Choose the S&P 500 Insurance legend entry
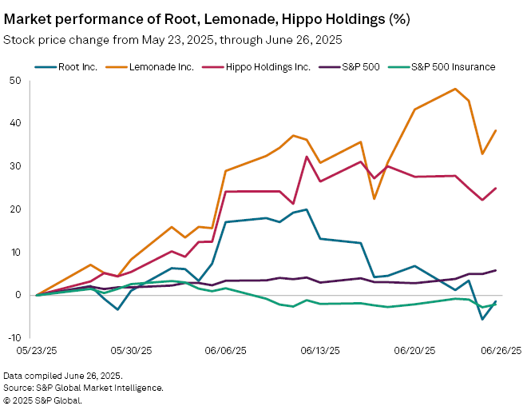tap(452, 67)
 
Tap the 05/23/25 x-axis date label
tap(38, 350)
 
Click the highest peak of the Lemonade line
tap(455, 89)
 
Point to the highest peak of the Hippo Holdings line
tap(307, 157)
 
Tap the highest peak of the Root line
tap(307, 209)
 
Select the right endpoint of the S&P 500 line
tap(496, 270)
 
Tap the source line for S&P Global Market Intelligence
tap(84, 388)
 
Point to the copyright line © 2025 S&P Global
tap(42, 400)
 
